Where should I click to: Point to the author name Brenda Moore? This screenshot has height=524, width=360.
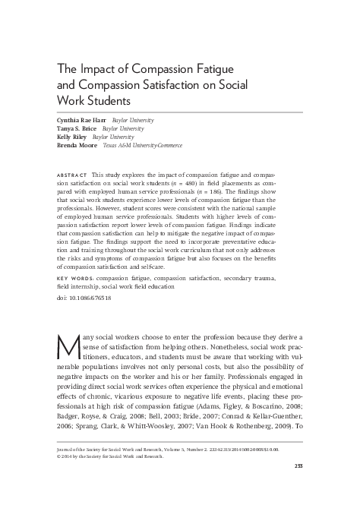77,147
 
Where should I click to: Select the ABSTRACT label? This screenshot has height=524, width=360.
72,165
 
